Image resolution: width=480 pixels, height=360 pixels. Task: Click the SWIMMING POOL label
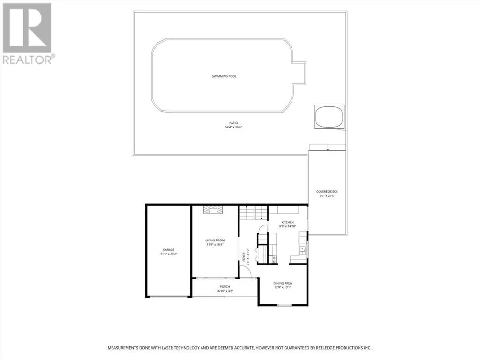[225, 76]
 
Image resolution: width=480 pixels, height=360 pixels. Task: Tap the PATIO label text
[233, 123]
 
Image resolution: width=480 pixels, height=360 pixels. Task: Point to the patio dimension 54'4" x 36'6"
[233, 127]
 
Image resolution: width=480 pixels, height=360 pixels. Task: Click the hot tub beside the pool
[329, 117]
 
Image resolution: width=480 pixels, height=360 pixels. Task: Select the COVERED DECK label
[327, 192]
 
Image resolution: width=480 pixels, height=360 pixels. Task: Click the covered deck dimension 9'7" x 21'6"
[327, 196]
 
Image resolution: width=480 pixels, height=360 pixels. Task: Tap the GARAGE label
[169, 250]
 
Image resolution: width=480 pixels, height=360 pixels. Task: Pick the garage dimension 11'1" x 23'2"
[169, 254]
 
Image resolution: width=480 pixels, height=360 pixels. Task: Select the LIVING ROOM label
[215, 240]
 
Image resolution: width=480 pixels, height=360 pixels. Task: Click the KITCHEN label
[288, 222]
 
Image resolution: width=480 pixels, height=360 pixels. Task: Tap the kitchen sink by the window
[302, 250]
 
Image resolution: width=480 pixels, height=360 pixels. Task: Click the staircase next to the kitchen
[254, 213]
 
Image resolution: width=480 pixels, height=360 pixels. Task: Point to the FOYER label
[244, 256]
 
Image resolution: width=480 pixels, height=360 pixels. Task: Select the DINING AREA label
[283, 284]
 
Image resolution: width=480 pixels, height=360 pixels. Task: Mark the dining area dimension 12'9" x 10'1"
[283, 287]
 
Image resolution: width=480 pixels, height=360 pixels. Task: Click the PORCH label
[225, 287]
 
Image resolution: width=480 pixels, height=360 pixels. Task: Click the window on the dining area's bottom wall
[285, 305]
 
